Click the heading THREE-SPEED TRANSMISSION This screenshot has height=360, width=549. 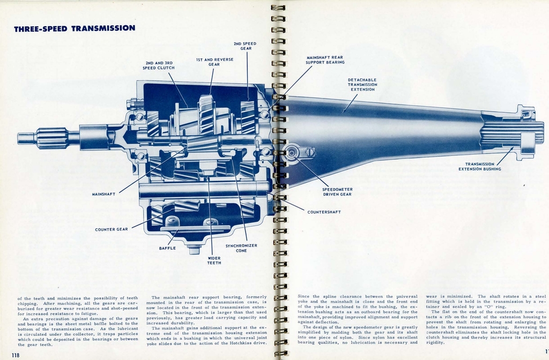[75, 28]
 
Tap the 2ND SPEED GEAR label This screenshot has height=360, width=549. [245, 46]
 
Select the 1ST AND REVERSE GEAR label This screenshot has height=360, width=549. [214, 62]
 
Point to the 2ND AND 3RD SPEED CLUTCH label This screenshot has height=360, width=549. [158, 65]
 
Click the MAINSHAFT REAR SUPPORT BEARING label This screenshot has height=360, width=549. [325, 59]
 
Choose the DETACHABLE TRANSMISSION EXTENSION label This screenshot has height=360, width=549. [362, 84]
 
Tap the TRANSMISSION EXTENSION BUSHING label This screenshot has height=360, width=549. [479, 167]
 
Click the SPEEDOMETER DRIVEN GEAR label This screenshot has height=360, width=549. [337, 192]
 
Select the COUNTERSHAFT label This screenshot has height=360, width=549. [324, 212]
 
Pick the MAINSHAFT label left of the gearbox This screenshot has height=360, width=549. [104, 194]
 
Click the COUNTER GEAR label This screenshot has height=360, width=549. [112, 229]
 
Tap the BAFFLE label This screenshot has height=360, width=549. [167, 248]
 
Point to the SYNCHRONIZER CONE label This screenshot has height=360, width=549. [241, 248]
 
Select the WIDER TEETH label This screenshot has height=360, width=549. [214, 260]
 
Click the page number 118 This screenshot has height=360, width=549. [16, 355]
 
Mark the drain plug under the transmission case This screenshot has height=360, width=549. [194, 249]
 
